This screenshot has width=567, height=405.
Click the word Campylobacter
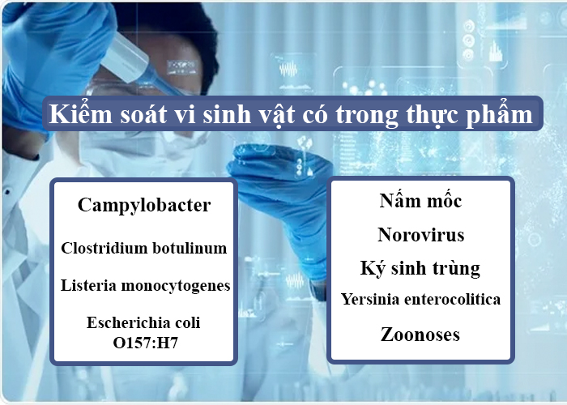pos(144,205)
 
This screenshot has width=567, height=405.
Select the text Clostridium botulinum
pos(144,248)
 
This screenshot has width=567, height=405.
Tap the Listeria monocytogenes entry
pos(145,285)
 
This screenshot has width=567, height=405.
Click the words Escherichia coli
pos(144,322)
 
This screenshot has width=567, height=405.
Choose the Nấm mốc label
pos(420,201)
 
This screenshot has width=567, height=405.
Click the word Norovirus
pos(420,235)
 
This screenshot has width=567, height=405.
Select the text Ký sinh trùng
pos(420,268)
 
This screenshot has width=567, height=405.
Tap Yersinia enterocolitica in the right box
pos(420,299)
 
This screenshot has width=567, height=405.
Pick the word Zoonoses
pos(420,334)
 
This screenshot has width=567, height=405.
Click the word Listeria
pos(87,285)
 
